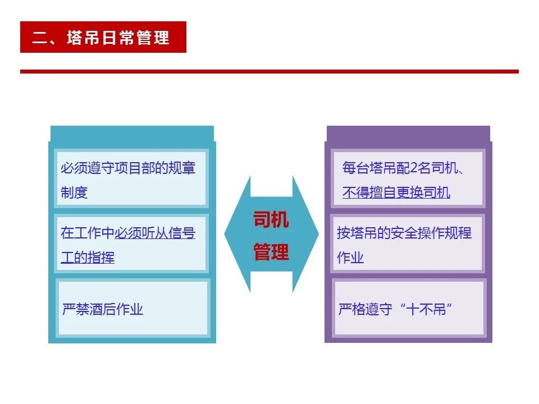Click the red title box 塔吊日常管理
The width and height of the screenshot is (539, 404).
[103, 37]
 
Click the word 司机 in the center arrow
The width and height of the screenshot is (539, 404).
[271, 219]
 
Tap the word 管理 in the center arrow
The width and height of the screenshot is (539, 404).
[271, 251]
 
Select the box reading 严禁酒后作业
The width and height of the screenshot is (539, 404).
[133, 308]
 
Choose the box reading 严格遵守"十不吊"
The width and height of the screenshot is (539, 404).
[409, 308]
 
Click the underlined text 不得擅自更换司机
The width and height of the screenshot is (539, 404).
[396, 192]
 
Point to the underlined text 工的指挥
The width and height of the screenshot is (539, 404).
[88, 258]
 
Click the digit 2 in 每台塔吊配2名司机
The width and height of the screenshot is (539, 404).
[414, 168]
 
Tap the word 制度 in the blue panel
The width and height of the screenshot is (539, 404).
[74, 192]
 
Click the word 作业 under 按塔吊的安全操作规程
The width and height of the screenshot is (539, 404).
[350, 258]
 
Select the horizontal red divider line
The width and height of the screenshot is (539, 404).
[269, 71]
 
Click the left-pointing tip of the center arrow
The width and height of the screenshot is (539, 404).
[225, 234]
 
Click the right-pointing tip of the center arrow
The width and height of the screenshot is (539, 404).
[318, 234]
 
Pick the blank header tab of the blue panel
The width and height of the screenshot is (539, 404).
[132, 134]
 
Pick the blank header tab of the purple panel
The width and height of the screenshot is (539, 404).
[408, 134]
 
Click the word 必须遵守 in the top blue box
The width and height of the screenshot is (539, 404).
[88, 168]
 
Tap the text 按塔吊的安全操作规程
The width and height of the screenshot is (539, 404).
[404, 233]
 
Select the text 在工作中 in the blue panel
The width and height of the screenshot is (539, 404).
[88, 233]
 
